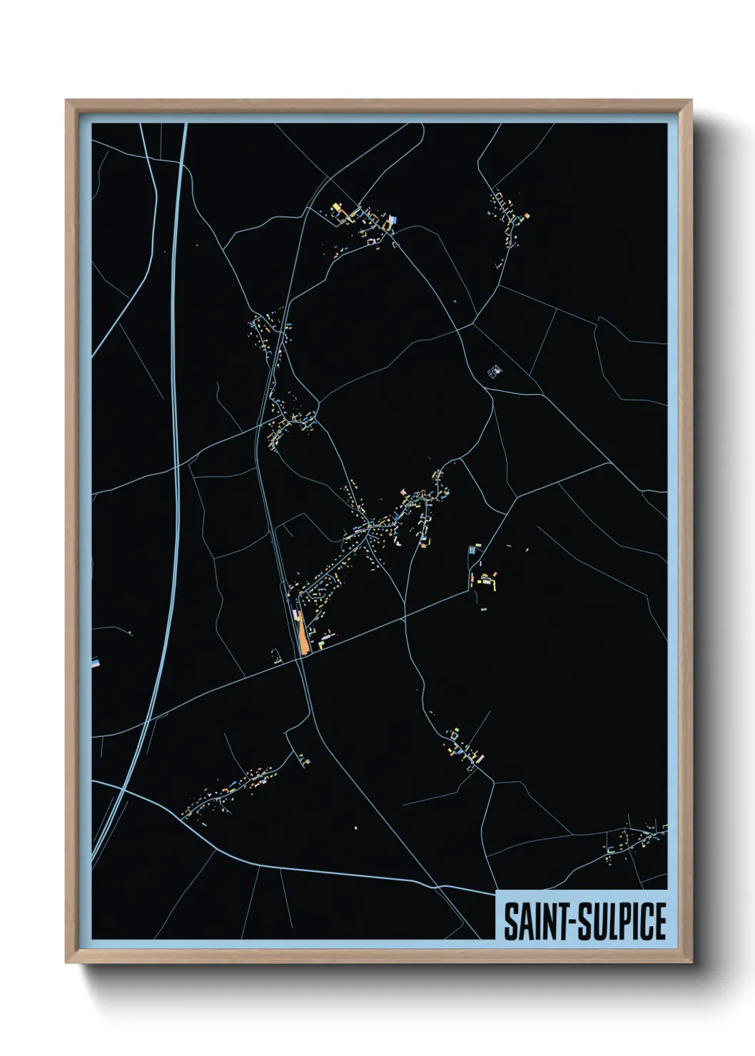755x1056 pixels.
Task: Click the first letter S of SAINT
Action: point(511,922)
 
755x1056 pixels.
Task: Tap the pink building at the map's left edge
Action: point(95,663)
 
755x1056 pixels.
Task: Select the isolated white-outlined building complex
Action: point(494,371)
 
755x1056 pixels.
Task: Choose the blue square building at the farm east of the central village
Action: point(472,550)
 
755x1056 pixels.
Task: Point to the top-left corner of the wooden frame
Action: point(66,101)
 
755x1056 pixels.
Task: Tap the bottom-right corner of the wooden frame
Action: point(691,963)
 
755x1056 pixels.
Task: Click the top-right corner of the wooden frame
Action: point(691,101)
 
